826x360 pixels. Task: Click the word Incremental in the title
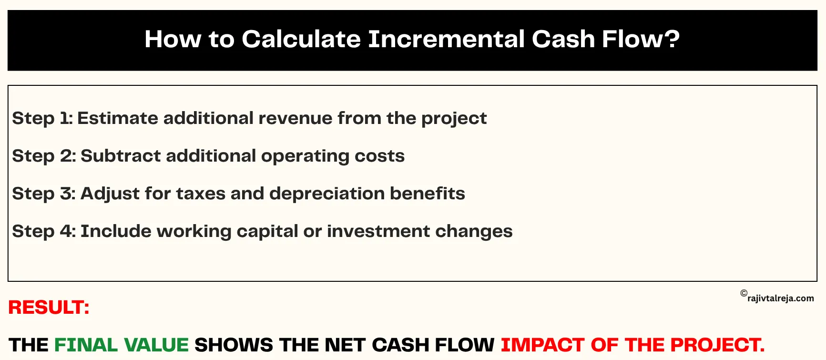point(446,39)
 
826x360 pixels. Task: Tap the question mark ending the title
point(672,39)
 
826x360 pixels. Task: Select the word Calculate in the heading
point(301,39)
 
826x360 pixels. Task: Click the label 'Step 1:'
point(42,118)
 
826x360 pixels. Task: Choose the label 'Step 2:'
point(44,156)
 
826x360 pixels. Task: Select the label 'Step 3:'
point(44,194)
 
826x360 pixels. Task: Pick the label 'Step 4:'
point(44,231)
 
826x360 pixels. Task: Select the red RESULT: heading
point(49,308)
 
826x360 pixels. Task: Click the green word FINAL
point(86,345)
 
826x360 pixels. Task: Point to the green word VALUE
point(156,345)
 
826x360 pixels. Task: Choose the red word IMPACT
point(542,345)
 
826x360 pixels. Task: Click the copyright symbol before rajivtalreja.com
point(744,293)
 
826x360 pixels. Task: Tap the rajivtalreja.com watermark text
point(781,298)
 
